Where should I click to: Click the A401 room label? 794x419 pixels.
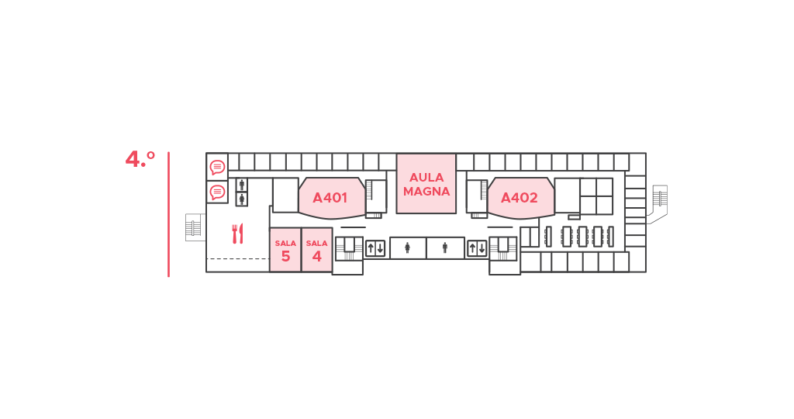(x=330, y=198)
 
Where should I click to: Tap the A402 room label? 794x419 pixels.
(x=519, y=198)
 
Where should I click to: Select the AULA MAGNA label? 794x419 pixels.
(x=426, y=185)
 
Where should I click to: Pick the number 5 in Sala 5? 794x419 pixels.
(x=285, y=256)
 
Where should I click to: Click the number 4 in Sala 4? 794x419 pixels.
(x=317, y=256)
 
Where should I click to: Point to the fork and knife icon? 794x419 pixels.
(x=237, y=234)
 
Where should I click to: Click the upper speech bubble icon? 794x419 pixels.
(x=217, y=167)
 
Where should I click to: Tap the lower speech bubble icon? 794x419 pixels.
(x=217, y=192)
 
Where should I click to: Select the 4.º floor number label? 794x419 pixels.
(x=140, y=159)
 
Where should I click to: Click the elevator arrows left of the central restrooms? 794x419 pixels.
(x=375, y=248)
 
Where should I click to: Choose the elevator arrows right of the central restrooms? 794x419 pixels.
(x=477, y=248)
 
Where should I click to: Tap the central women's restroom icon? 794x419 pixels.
(x=407, y=248)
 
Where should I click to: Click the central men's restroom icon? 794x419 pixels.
(x=444, y=248)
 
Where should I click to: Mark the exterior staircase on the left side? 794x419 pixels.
(x=195, y=227)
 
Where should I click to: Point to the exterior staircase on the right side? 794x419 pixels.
(x=658, y=203)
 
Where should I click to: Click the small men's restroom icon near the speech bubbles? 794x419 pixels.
(x=242, y=185)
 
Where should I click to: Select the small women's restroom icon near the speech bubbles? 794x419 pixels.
(x=242, y=199)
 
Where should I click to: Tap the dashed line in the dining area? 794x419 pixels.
(x=238, y=259)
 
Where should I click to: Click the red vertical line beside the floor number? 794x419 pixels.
(x=168, y=214)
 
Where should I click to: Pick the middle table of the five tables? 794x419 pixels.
(x=582, y=237)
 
